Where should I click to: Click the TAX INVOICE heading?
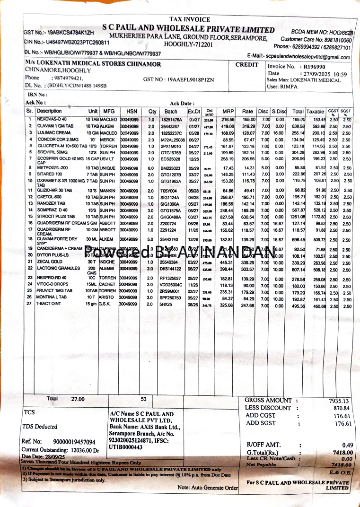pos(190,19)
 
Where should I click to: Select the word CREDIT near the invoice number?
pos(247,65)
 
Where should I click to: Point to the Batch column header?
pos(171,111)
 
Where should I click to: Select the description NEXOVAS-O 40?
pos(52,120)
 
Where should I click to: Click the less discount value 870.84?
pos(341,408)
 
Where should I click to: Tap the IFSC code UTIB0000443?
pos(126,447)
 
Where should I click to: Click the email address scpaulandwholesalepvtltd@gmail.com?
pos(308,57)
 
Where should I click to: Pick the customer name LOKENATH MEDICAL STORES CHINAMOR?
pos(93,64)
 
